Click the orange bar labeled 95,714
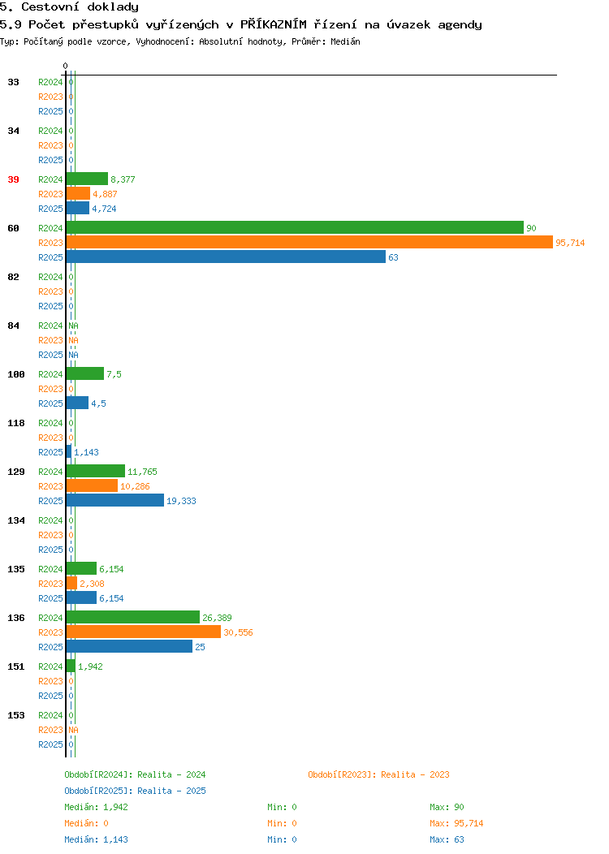(309, 243)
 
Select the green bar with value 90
(295, 227)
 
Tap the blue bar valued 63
(226, 257)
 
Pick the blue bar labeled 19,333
(115, 501)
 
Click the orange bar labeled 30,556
(144, 632)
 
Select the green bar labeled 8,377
(87, 179)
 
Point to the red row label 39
(13, 179)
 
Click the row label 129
(15, 472)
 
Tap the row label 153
(15, 715)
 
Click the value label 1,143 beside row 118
(86, 452)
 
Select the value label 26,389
(217, 618)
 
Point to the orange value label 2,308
(92, 584)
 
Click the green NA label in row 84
(74, 326)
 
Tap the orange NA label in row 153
(74, 730)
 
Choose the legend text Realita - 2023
(415, 774)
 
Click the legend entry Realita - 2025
(171, 791)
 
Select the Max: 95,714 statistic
(456, 823)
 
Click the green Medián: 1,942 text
(97, 807)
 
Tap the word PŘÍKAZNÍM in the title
(274, 24)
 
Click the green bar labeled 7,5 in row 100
(85, 373)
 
